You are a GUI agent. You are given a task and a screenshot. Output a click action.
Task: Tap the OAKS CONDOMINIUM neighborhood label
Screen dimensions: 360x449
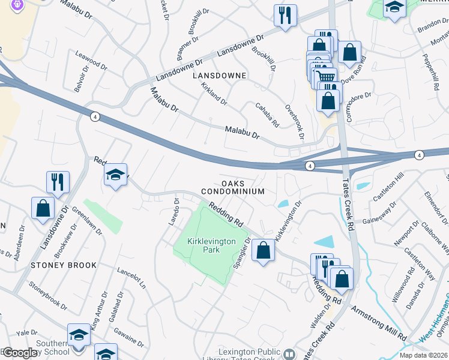(232, 187)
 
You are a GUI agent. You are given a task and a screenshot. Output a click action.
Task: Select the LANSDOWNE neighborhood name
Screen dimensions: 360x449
(219, 76)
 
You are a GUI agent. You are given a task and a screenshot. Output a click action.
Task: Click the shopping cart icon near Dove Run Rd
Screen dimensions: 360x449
(326, 76)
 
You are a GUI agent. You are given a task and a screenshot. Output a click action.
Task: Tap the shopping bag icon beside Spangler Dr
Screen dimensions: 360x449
(263, 250)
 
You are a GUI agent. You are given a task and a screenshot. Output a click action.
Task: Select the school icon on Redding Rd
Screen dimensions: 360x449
(116, 175)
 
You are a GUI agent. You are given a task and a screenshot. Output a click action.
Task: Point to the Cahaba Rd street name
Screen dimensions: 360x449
(268, 114)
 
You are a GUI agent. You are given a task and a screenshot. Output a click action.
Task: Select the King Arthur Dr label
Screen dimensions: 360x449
(100, 309)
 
